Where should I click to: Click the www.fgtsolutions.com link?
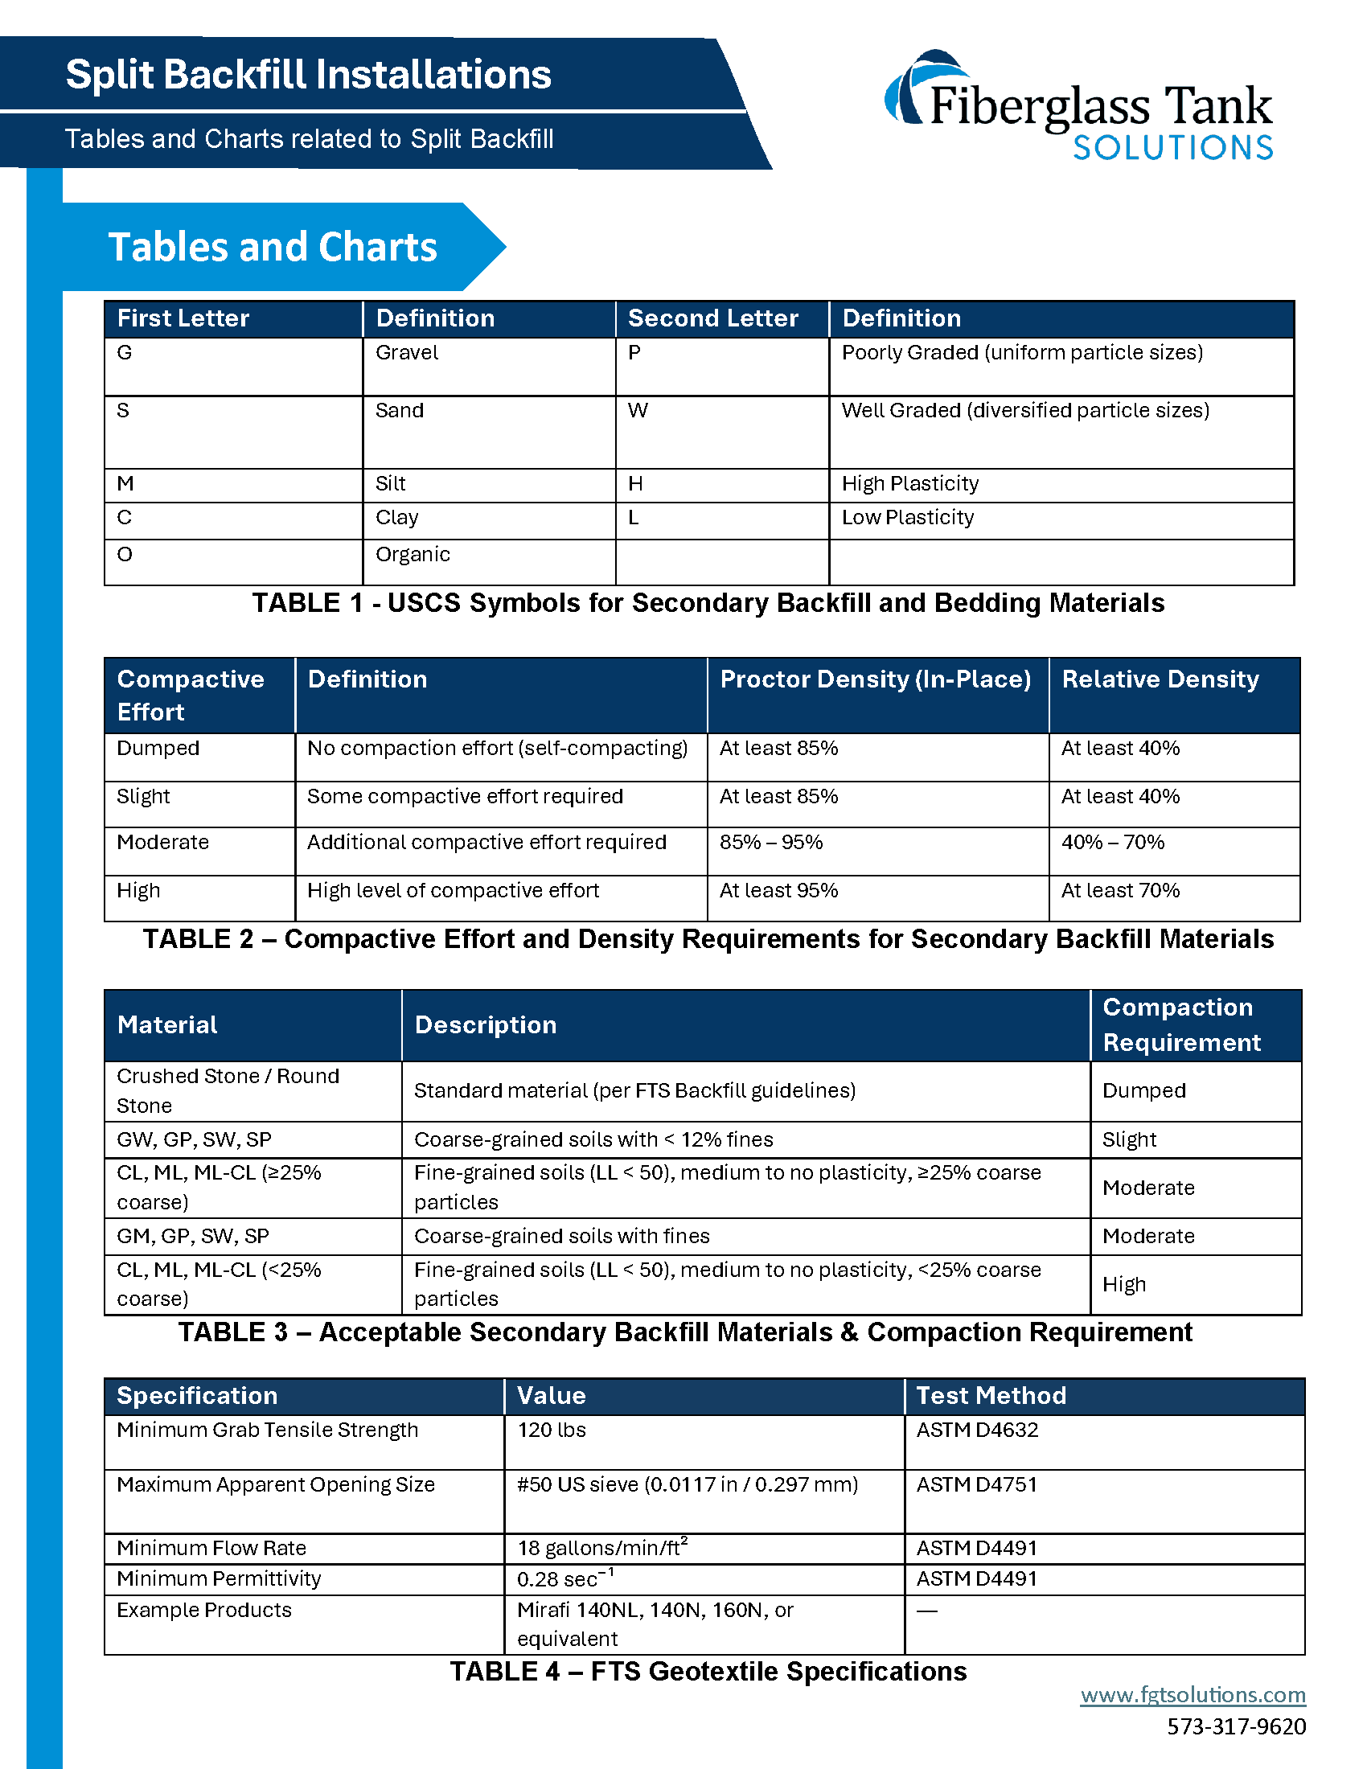pyautogui.click(x=1192, y=1695)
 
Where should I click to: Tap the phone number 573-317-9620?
pyautogui.click(x=1236, y=1727)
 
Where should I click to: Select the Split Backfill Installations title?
pyautogui.click(x=308, y=75)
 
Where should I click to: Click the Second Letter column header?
pyautogui.click(x=712, y=318)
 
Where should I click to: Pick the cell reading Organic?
pyautogui.click(x=413, y=555)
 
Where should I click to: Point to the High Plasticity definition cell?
pyautogui.click(x=909, y=484)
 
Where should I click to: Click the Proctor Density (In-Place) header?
pyautogui.click(x=875, y=679)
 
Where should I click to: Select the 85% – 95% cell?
pyautogui.click(x=771, y=843)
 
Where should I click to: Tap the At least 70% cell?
pyautogui.click(x=1120, y=891)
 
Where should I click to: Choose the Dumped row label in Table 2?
pyautogui.click(x=158, y=749)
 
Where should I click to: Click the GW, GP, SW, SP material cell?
pyautogui.click(x=195, y=1139)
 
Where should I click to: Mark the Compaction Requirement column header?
pyautogui.click(x=1180, y=1024)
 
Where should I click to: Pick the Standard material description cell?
pyautogui.click(x=634, y=1091)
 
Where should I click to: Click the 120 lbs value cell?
pyautogui.click(x=552, y=1430)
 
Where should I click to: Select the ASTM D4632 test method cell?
pyautogui.click(x=977, y=1430)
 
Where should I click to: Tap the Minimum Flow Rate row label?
pyautogui.click(x=211, y=1549)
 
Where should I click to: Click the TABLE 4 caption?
pyautogui.click(x=708, y=1672)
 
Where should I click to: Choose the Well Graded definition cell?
pyautogui.click(x=1024, y=411)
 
